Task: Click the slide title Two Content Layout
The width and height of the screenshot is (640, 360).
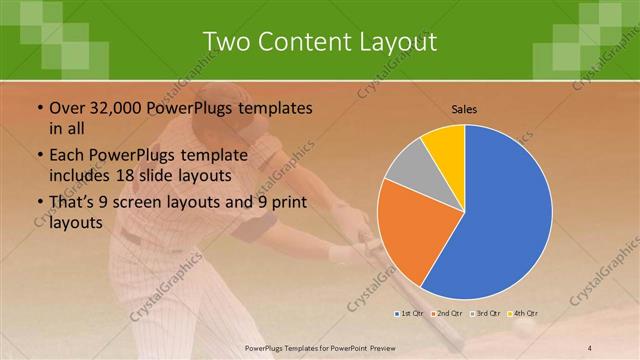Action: click(x=319, y=42)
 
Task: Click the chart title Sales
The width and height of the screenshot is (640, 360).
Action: click(x=464, y=108)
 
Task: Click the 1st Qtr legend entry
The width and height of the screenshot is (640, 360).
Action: click(x=409, y=314)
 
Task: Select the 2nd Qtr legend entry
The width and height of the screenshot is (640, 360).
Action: click(x=446, y=314)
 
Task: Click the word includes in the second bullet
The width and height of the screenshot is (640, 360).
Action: click(x=83, y=175)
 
